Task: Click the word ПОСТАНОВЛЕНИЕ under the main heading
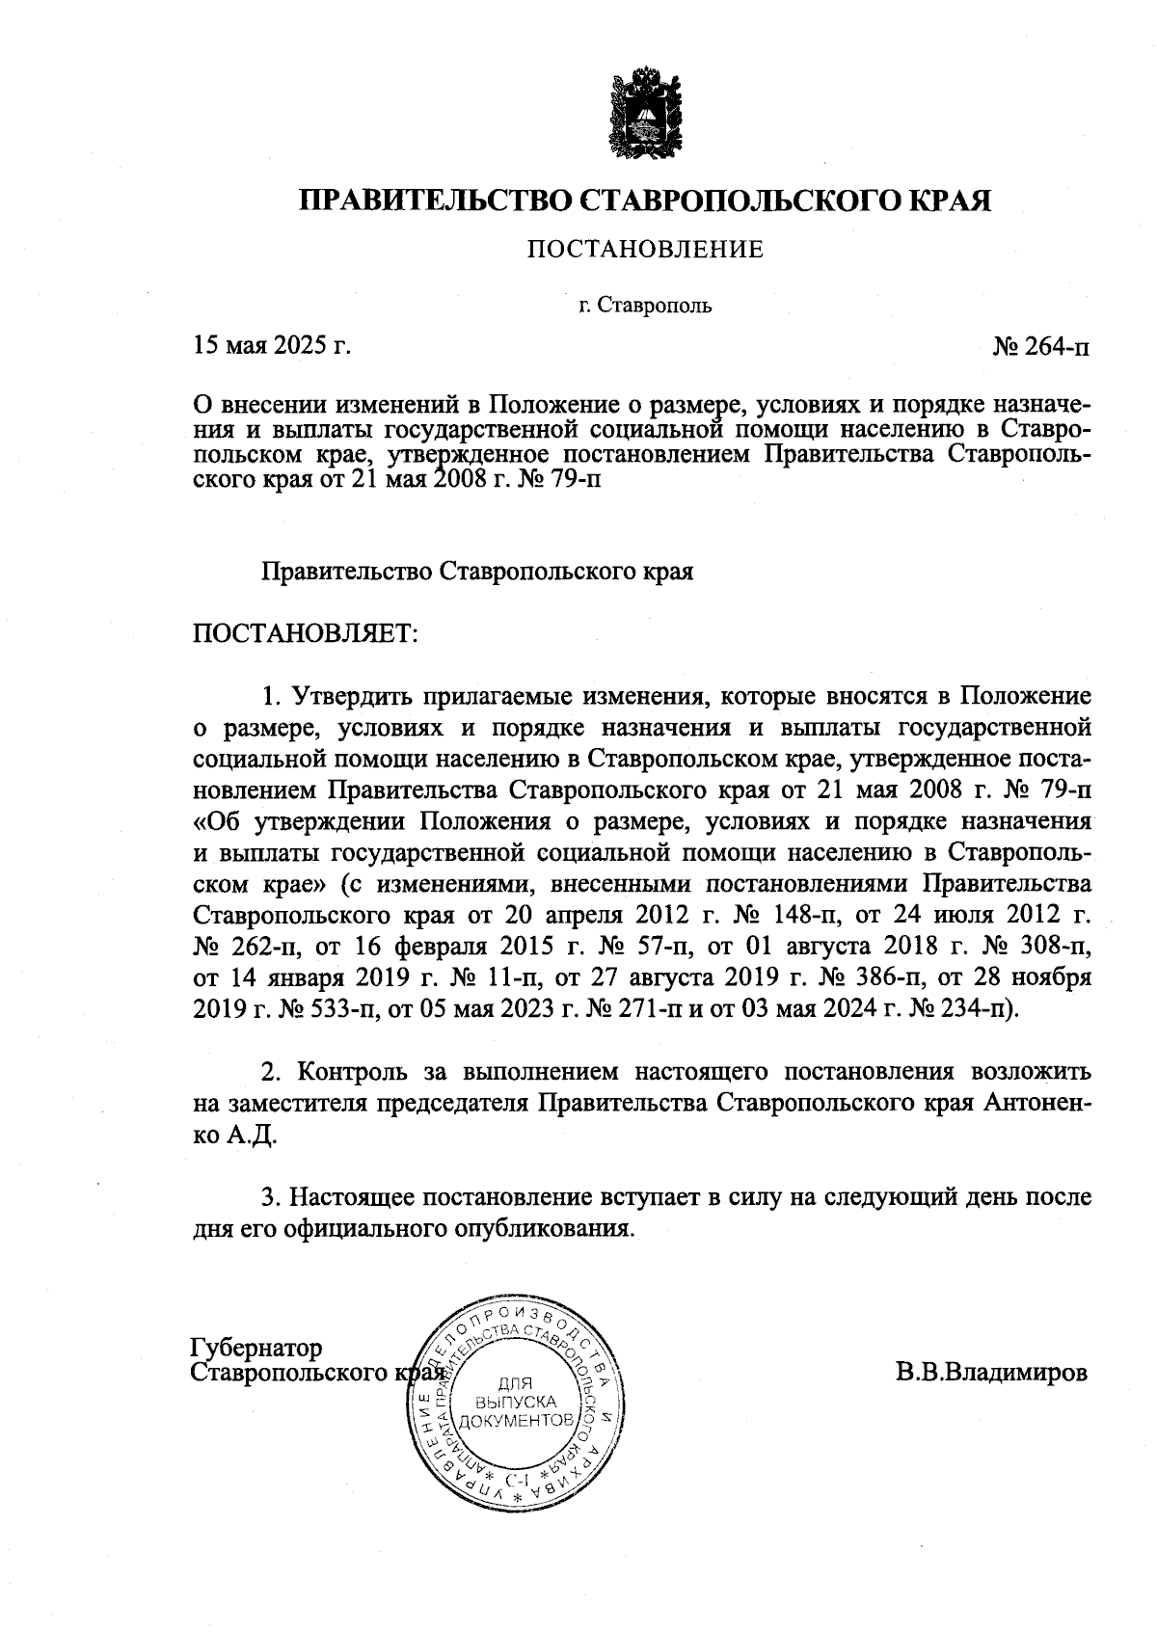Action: [x=644, y=251]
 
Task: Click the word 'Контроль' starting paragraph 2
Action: [x=351, y=1072]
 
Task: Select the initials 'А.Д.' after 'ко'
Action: [x=253, y=1136]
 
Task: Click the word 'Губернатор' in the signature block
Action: [x=257, y=1347]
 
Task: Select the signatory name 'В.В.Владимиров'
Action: [x=991, y=1372]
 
